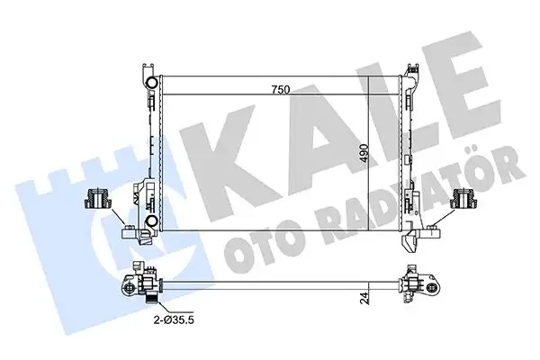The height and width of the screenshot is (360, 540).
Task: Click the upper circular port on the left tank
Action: (152, 85)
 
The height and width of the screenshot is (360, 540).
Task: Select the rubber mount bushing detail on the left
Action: (94, 199)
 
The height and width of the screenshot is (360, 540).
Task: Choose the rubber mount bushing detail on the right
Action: (465, 200)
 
